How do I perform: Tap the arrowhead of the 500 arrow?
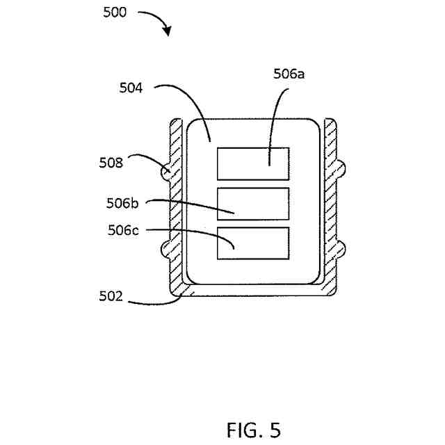click(x=167, y=31)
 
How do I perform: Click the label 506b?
click(x=124, y=203)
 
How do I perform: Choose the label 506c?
click(x=124, y=229)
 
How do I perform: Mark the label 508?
click(x=110, y=164)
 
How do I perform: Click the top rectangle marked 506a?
click(x=253, y=164)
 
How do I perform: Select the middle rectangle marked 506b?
click(x=253, y=204)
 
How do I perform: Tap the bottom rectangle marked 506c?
click(x=253, y=243)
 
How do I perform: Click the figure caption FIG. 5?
click(x=253, y=430)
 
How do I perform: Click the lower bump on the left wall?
click(x=165, y=247)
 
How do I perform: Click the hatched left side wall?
click(x=175, y=209)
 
